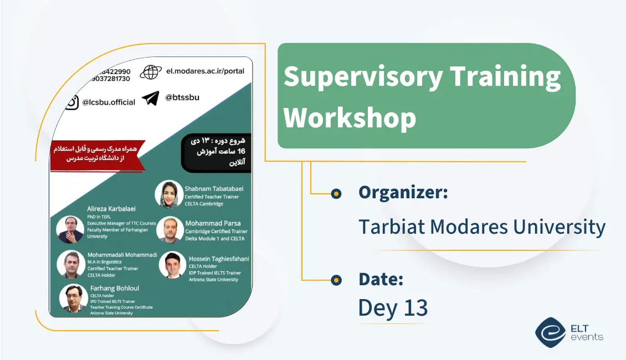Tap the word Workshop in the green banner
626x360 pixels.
click(x=350, y=117)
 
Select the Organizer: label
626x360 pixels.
click(x=403, y=193)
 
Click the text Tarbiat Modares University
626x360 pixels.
click(x=481, y=227)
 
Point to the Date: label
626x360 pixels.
click(x=381, y=279)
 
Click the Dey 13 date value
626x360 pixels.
click(x=393, y=308)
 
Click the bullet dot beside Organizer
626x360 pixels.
click(x=336, y=193)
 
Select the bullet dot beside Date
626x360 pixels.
click(x=336, y=280)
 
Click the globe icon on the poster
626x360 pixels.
click(x=150, y=72)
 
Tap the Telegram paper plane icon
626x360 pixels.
click(x=150, y=98)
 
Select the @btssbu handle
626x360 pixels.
click(x=182, y=97)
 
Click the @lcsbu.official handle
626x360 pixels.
click(x=109, y=102)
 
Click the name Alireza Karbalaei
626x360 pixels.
click(x=112, y=209)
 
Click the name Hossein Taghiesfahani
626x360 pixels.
click(x=219, y=259)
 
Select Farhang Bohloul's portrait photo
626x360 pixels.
click(x=73, y=298)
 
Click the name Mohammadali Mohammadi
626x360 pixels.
click(x=122, y=255)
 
